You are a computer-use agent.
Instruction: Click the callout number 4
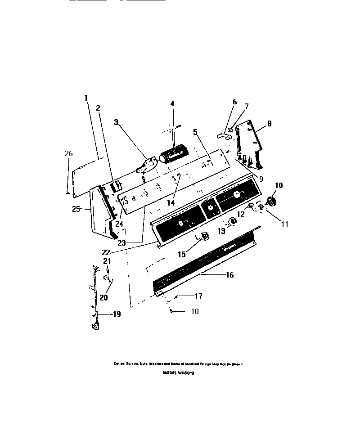pos(172,103)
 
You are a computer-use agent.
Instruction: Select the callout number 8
pos(269,123)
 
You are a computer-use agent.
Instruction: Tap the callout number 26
pos(68,154)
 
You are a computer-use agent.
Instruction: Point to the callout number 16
pos(229,275)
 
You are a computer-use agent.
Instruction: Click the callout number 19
pos(116,315)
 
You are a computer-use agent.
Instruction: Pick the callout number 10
pos(279,185)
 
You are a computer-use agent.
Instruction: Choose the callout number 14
pos(171,202)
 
